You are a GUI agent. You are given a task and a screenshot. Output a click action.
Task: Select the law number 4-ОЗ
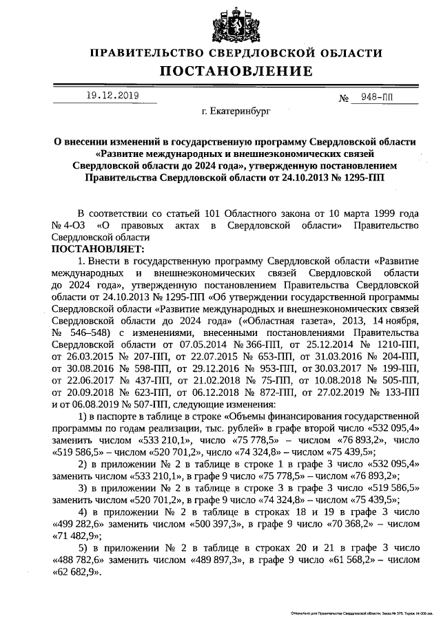coord(72,225)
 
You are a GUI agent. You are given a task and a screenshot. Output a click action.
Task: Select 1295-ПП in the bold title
coord(360,177)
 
